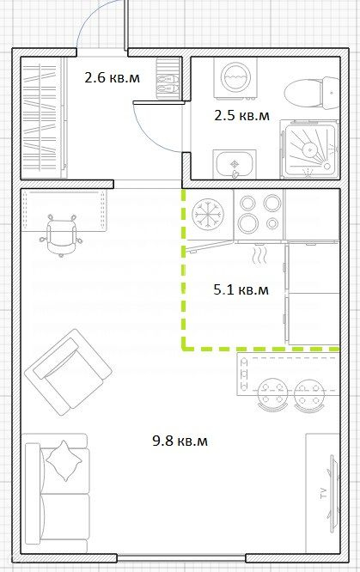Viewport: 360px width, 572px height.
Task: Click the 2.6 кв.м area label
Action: click(x=112, y=77)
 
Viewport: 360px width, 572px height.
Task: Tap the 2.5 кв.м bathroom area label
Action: click(x=241, y=116)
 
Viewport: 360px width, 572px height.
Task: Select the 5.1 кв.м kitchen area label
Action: click(x=241, y=289)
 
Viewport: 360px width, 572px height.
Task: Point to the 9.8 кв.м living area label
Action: click(x=180, y=441)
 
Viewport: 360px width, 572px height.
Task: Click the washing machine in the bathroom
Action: click(x=235, y=78)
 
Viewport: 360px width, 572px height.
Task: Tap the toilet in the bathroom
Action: click(x=312, y=93)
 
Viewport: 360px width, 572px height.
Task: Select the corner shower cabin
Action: click(x=310, y=150)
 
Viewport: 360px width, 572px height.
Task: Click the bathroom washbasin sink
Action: click(x=235, y=164)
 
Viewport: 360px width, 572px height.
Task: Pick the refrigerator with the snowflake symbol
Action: click(x=208, y=215)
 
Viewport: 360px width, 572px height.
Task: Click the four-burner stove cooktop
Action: click(x=259, y=216)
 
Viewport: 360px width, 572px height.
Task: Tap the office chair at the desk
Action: click(x=61, y=235)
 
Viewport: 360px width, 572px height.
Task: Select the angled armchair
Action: click(x=68, y=371)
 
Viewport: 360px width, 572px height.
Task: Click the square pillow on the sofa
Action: click(x=64, y=460)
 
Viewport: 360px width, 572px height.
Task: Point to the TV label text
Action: click(x=323, y=493)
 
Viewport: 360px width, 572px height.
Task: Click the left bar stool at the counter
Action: click(x=272, y=395)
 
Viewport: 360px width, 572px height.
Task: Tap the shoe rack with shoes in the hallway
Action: click(x=169, y=78)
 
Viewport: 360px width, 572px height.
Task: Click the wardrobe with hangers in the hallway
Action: click(x=44, y=118)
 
